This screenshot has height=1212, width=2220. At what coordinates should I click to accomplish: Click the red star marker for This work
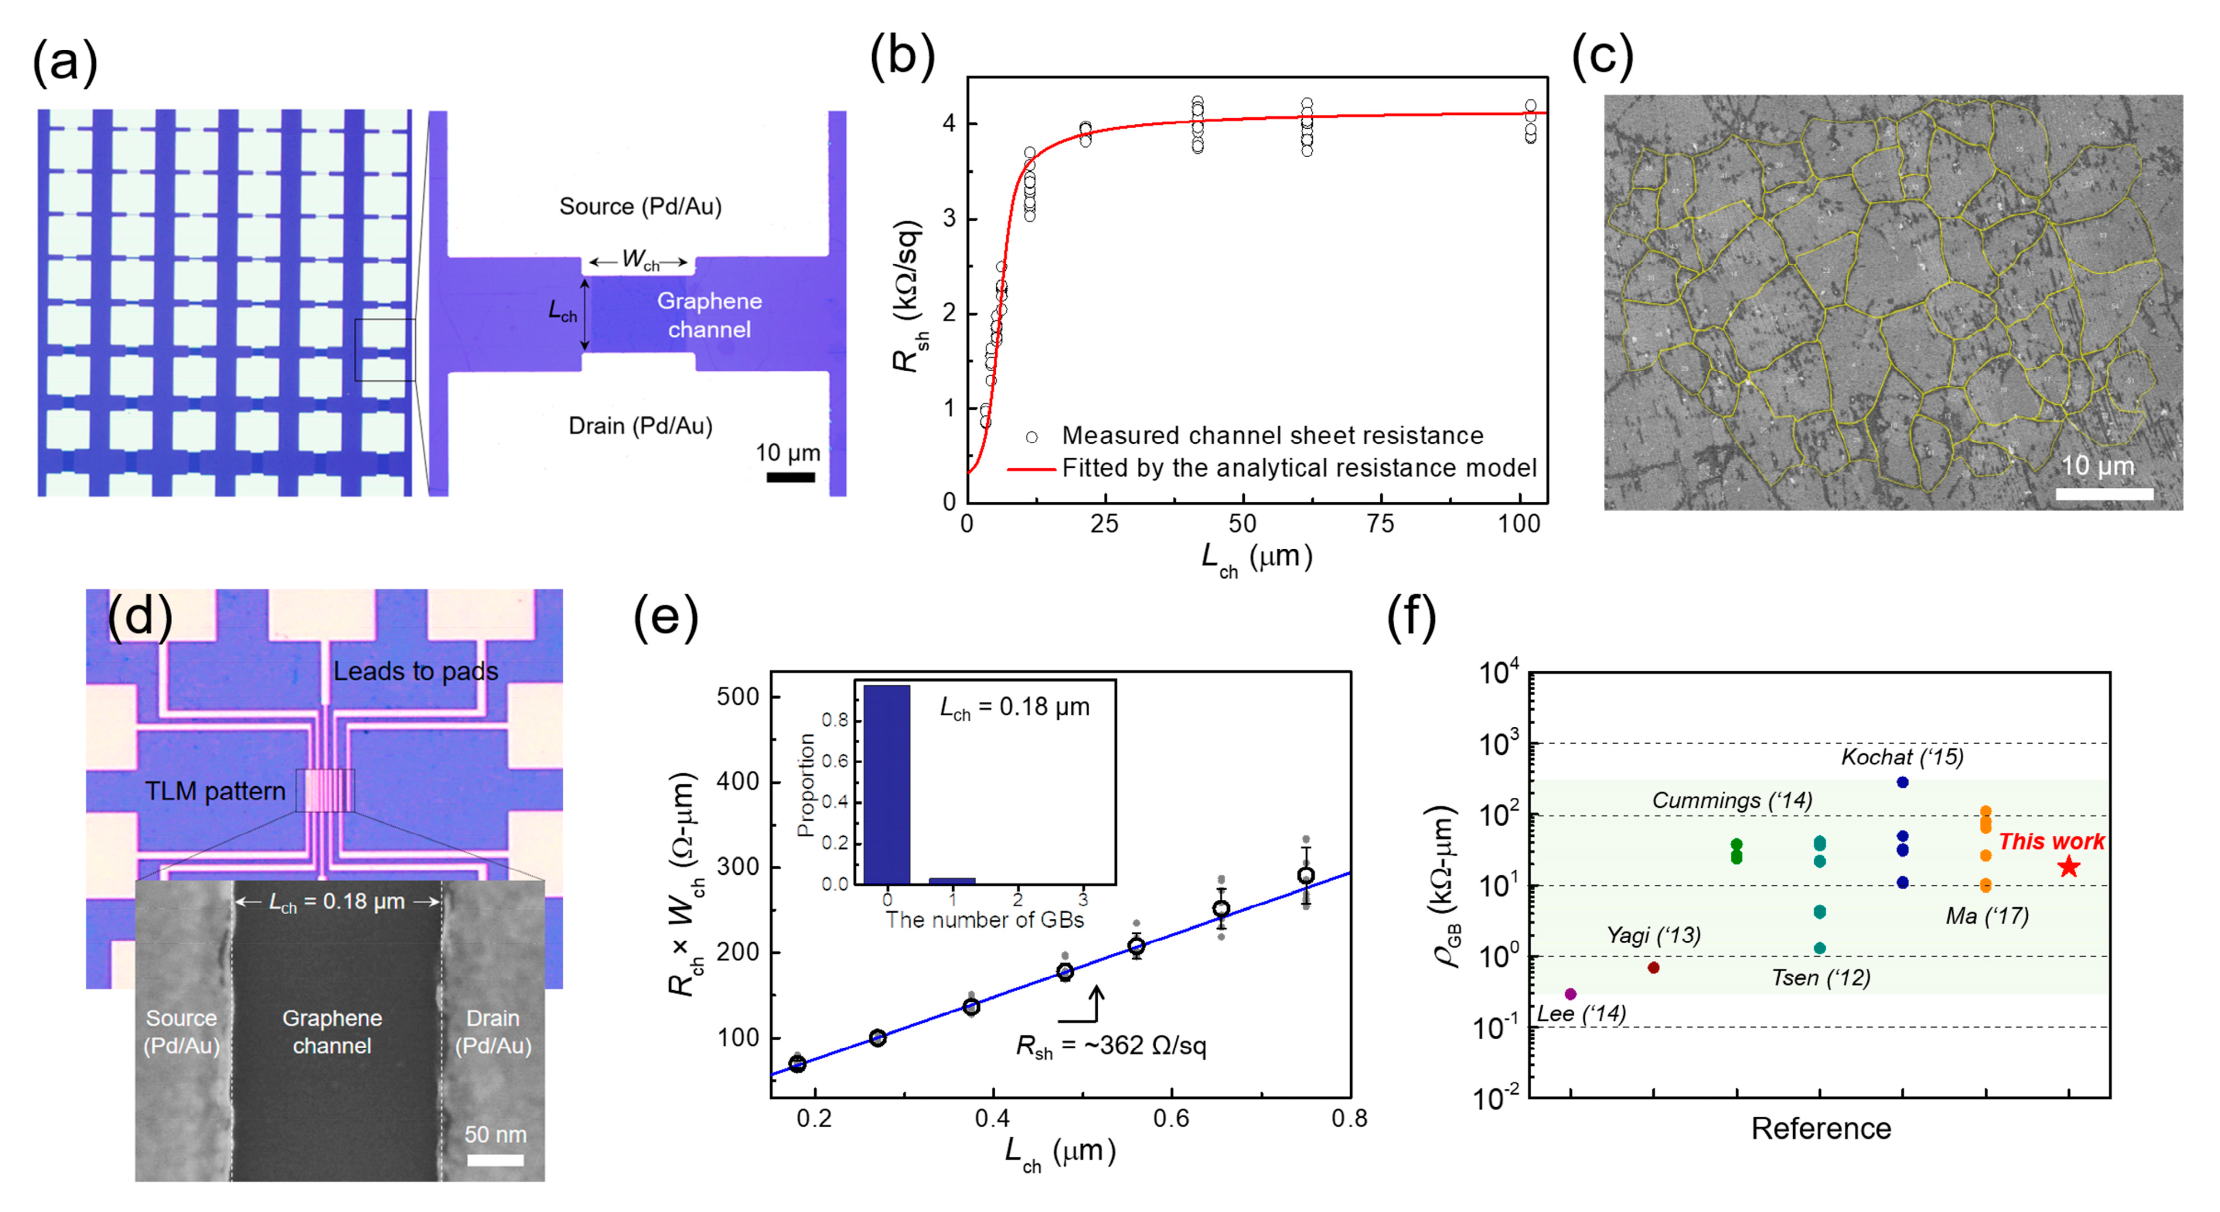2068,867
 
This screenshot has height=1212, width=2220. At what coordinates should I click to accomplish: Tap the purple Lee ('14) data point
1570,994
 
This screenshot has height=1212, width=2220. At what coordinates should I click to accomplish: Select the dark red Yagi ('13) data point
1653,968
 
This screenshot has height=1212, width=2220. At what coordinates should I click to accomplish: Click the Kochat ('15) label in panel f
1902,757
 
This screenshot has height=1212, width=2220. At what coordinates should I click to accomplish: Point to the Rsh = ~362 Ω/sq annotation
1111,1046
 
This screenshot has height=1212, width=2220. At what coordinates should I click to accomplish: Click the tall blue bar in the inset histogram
887,784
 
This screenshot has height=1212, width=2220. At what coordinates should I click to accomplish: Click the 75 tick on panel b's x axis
1381,523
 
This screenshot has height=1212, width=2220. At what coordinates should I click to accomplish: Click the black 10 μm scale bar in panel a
790,477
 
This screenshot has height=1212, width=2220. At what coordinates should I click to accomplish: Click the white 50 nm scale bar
495,1160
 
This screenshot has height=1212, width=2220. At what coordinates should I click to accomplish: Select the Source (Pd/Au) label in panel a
640,207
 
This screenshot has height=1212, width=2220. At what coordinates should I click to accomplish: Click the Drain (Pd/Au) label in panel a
640,426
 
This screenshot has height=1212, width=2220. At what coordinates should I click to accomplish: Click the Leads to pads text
415,672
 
